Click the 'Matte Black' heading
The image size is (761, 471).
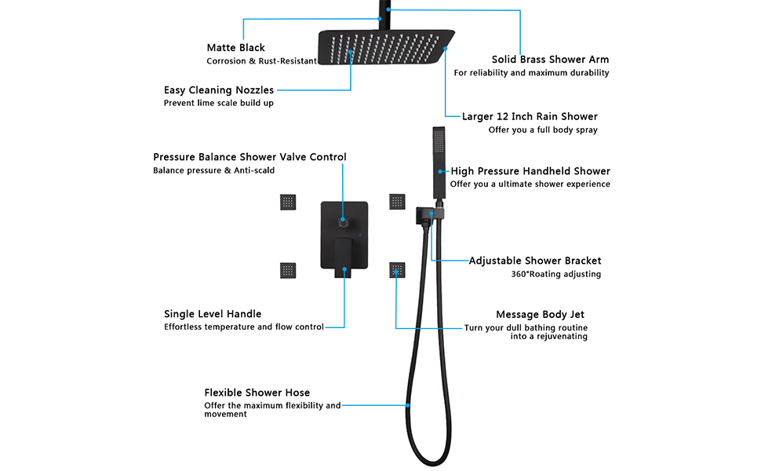[x=235, y=48]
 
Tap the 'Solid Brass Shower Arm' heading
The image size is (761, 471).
[x=550, y=60]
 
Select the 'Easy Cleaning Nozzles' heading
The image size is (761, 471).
[x=218, y=90]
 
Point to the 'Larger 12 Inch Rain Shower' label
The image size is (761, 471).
[x=530, y=117]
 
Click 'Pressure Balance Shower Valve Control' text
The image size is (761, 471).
[x=249, y=157]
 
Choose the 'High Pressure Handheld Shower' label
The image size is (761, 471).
[x=530, y=171]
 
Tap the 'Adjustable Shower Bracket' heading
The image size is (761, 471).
[x=534, y=261]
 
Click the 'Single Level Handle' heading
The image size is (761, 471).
[x=213, y=314]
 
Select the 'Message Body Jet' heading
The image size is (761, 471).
[x=540, y=315]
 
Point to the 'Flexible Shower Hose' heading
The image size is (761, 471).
[x=257, y=392]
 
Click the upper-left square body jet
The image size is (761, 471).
[x=287, y=202]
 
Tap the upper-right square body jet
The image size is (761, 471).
[x=397, y=202]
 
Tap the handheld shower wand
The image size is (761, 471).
[x=438, y=161]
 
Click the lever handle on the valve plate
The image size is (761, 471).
[x=343, y=257]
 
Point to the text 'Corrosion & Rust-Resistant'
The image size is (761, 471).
[x=261, y=61]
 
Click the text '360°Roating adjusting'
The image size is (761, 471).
[x=555, y=275]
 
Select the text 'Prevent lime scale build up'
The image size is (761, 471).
[x=218, y=103]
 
